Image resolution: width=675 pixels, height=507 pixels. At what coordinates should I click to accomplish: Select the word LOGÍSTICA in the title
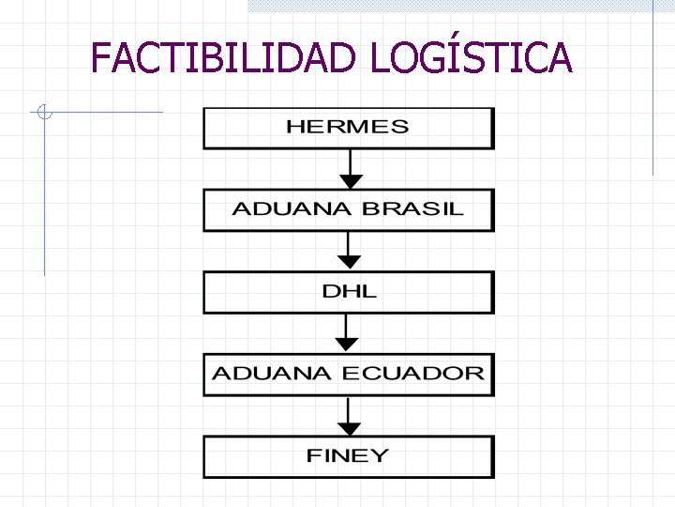pos(470,57)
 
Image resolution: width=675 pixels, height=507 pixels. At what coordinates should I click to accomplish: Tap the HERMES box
pos(348,128)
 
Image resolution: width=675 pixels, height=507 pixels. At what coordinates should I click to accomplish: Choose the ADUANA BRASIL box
pos(348,210)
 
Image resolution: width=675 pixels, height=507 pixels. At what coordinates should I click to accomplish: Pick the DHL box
pos(348,291)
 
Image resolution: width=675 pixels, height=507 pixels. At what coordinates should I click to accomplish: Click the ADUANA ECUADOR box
pos(348,374)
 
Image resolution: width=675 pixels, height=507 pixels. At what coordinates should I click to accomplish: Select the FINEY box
pos(348,456)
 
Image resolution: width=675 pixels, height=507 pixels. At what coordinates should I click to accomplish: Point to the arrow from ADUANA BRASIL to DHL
pos(349,252)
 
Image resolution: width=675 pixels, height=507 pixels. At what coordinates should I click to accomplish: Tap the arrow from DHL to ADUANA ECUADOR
pos(348,333)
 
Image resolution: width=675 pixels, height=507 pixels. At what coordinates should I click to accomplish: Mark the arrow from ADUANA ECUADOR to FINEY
pos(348,415)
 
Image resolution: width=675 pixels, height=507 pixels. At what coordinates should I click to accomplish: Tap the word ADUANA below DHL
pos(272,374)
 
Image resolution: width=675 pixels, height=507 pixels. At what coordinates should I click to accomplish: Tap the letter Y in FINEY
pos(380,456)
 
